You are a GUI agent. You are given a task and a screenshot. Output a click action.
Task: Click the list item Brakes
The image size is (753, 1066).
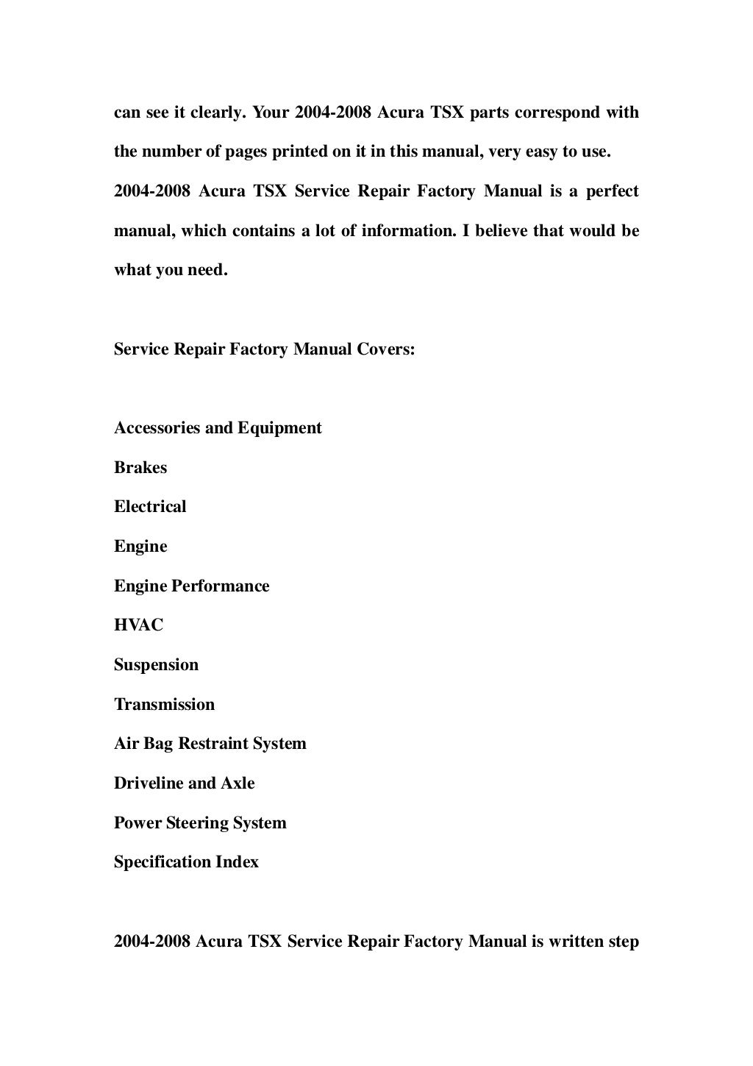pyautogui.click(x=140, y=468)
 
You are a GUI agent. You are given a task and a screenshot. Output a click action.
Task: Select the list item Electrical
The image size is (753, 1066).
pyautogui.click(x=150, y=507)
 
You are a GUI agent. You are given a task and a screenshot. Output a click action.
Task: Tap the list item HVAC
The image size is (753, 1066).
pyautogui.click(x=139, y=625)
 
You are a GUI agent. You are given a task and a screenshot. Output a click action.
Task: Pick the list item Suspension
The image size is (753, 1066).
pyautogui.click(x=156, y=665)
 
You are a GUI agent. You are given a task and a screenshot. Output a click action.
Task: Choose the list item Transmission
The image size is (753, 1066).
pyautogui.click(x=164, y=705)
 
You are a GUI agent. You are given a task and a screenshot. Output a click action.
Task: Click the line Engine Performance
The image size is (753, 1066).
pyautogui.click(x=191, y=586)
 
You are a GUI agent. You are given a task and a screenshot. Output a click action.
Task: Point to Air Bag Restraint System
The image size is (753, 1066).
pyautogui.click(x=210, y=744)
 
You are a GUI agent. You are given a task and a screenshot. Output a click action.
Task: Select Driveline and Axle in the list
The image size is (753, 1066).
pyautogui.click(x=184, y=783)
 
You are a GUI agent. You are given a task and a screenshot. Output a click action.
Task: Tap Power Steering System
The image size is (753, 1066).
pyautogui.click(x=200, y=823)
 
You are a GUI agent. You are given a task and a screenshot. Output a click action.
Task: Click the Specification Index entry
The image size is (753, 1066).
pyautogui.click(x=186, y=862)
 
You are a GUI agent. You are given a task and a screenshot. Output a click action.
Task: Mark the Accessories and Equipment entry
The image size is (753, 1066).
pyautogui.click(x=218, y=428)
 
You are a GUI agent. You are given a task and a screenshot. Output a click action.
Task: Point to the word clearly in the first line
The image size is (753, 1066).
pyautogui.click(x=218, y=113)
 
